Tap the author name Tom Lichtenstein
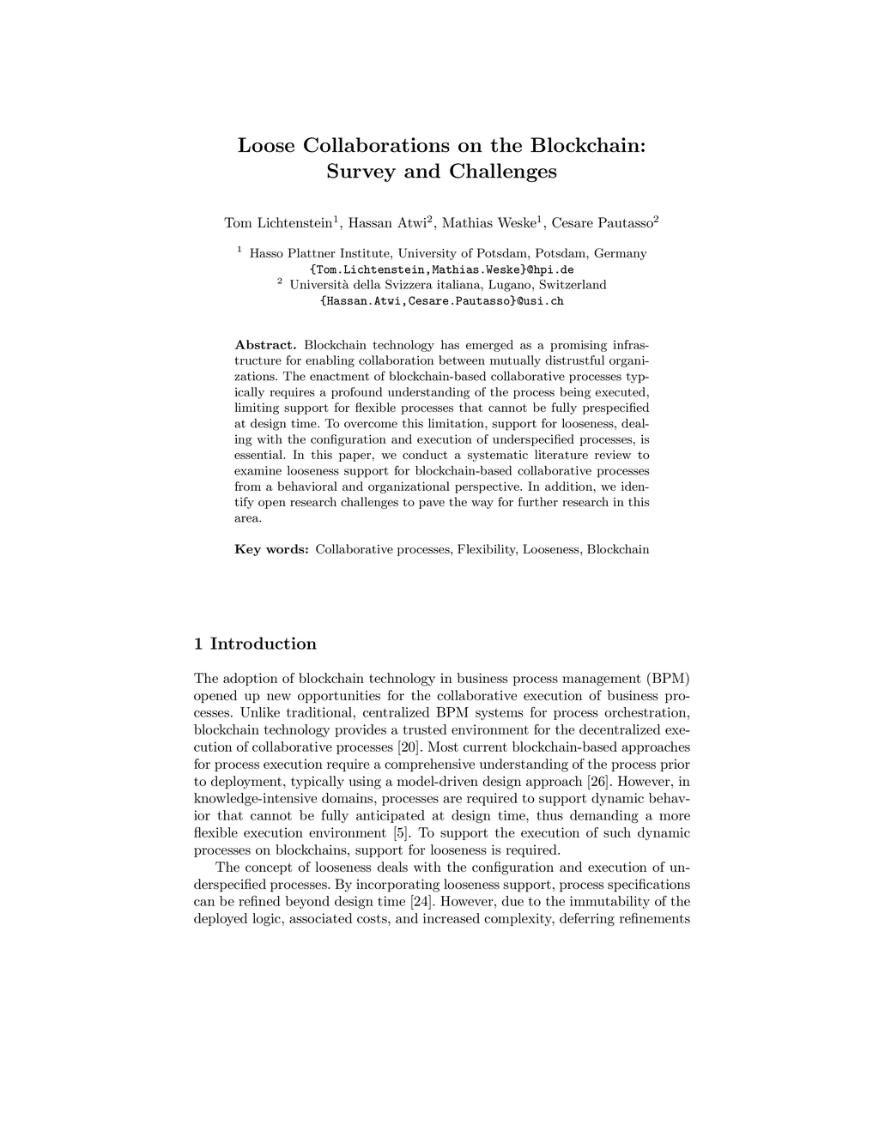(x=278, y=223)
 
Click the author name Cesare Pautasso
(x=602, y=223)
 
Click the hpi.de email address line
(x=441, y=269)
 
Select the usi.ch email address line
(x=441, y=301)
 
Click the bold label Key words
(x=271, y=549)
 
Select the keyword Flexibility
(x=486, y=549)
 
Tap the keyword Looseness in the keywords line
(x=551, y=549)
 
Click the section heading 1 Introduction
(x=255, y=644)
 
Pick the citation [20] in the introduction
(x=409, y=747)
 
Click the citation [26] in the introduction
(x=597, y=782)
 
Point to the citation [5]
(x=400, y=833)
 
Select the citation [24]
(x=421, y=902)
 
